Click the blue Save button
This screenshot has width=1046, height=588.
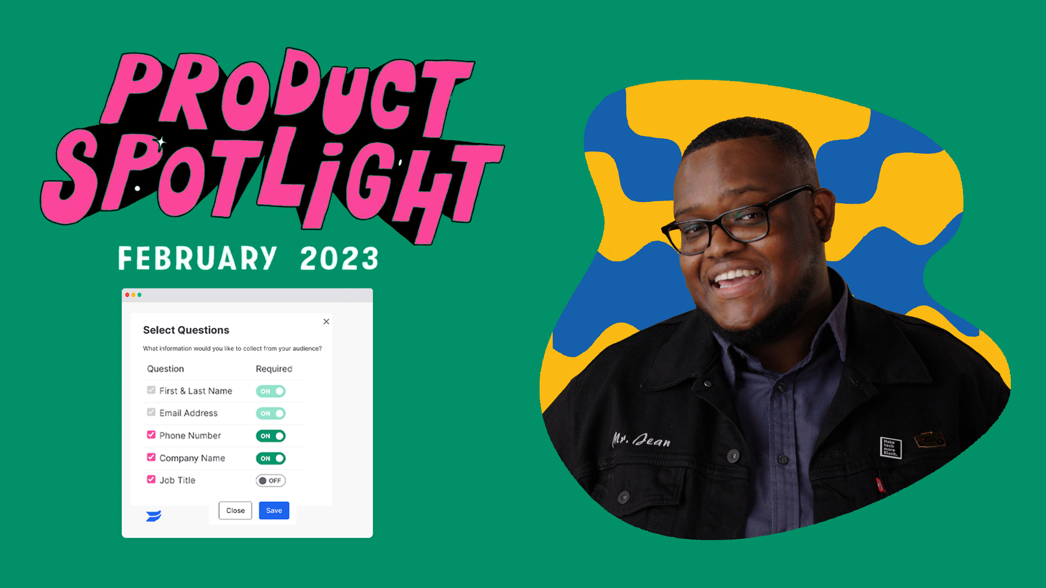coord(274,510)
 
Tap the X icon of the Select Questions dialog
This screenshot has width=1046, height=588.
coord(326,321)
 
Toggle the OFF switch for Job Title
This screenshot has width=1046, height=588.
coord(270,480)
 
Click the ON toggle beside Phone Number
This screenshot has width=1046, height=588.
coord(270,436)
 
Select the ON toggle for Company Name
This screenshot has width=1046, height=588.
coord(270,458)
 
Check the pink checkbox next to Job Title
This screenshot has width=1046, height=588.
coord(151,479)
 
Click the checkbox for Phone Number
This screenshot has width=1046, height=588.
coord(151,435)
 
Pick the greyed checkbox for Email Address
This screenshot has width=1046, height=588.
coord(151,412)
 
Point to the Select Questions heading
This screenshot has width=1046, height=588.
coord(186,330)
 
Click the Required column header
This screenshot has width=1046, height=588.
coord(274,369)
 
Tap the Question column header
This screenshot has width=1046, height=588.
coord(165,369)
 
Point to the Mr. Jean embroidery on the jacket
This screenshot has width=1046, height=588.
coord(641,440)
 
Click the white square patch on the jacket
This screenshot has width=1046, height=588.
coord(890,448)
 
